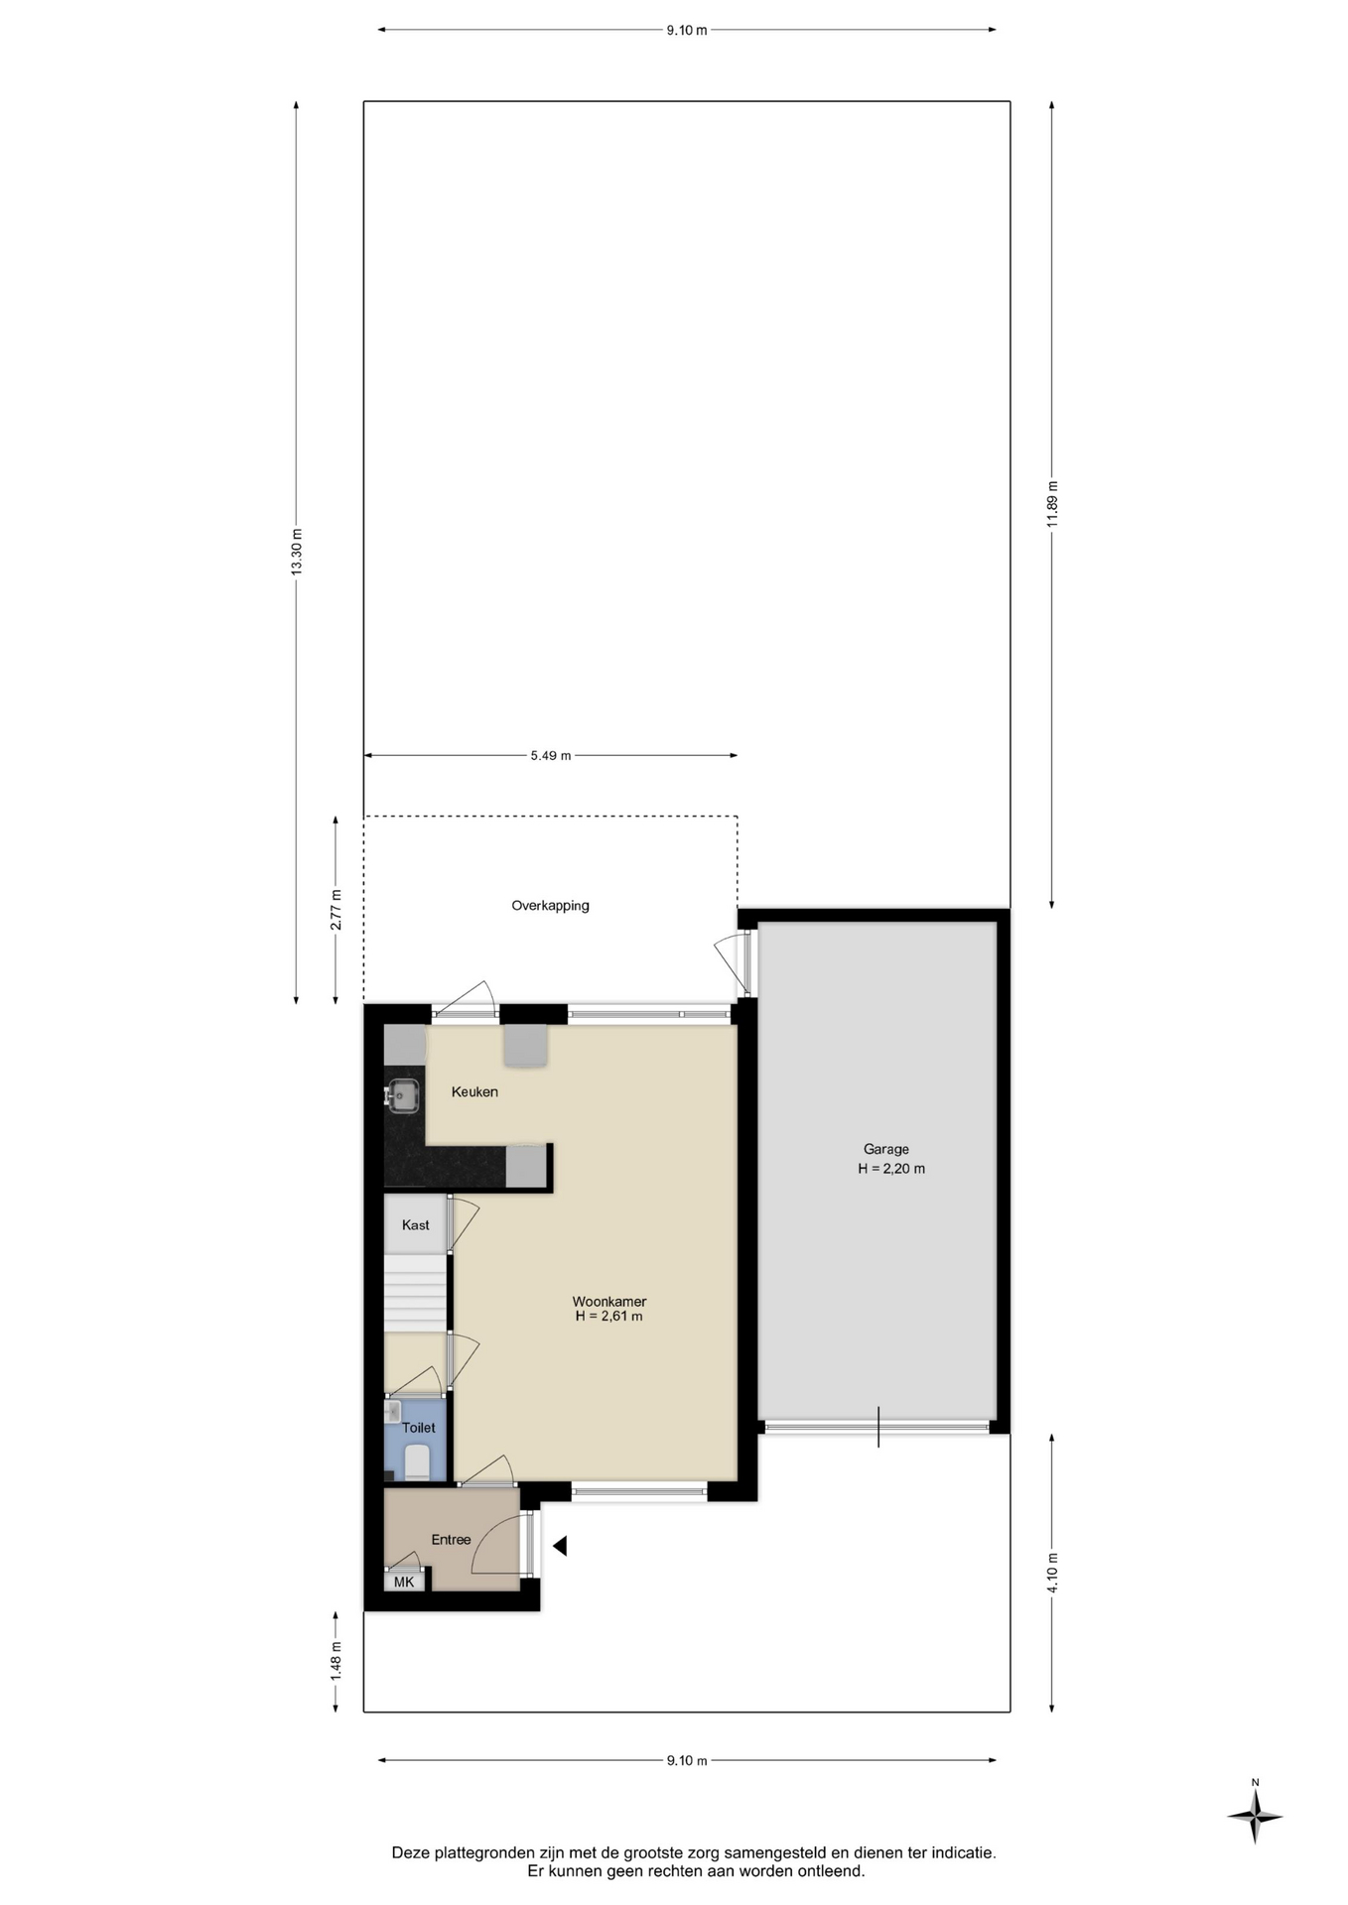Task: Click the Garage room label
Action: pyautogui.click(x=885, y=1149)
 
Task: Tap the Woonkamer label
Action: pyautogui.click(x=608, y=1301)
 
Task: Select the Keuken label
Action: pyautogui.click(x=474, y=1091)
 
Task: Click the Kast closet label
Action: pyautogui.click(x=415, y=1224)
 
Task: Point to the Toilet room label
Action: pyautogui.click(x=418, y=1427)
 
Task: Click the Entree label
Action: pyautogui.click(x=451, y=1539)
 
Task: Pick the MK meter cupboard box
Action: pyautogui.click(x=404, y=1582)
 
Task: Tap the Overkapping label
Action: pyautogui.click(x=550, y=905)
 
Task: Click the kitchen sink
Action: pyautogui.click(x=402, y=1096)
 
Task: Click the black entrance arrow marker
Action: pyautogui.click(x=560, y=1545)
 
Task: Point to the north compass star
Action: pyautogui.click(x=1255, y=1817)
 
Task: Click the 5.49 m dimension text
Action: pyautogui.click(x=550, y=755)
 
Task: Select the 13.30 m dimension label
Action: pyautogui.click(x=296, y=552)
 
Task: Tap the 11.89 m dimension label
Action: pyautogui.click(x=1052, y=503)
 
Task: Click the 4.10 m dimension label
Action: pyautogui.click(x=1052, y=1573)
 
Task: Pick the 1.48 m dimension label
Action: pyautogui.click(x=336, y=1660)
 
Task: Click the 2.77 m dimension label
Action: pyautogui.click(x=336, y=910)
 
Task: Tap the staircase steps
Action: pyautogui.click(x=415, y=1293)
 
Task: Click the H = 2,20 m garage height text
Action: pyautogui.click(x=891, y=1169)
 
